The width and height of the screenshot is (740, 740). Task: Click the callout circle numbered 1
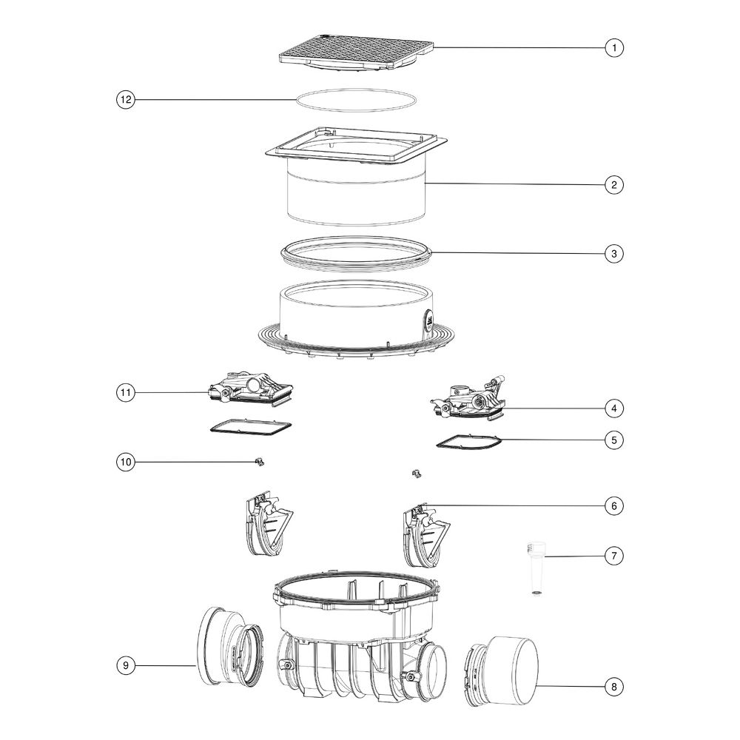(x=614, y=47)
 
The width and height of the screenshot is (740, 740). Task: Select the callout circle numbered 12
(x=126, y=100)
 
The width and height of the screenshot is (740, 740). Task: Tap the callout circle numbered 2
(x=614, y=184)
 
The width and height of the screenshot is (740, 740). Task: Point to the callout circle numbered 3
(x=614, y=253)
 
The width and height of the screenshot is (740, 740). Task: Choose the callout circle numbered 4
(x=614, y=408)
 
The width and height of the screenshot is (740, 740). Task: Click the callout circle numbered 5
(x=614, y=440)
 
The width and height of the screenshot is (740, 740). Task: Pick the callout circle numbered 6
(x=614, y=506)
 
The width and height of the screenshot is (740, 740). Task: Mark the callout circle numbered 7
(x=614, y=556)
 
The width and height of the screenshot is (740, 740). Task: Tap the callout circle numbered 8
(x=614, y=687)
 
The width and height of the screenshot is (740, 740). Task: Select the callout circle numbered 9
(x=126, y=665)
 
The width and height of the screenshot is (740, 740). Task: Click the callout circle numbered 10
(x=126, y=462)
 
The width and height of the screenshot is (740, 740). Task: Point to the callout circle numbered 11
(x=126, y=393)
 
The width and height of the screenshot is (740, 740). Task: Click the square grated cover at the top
(x=357, y=52)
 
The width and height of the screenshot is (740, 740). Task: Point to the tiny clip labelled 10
(x=259, y=462)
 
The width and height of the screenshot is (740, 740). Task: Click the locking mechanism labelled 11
(x=250, y=389)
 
